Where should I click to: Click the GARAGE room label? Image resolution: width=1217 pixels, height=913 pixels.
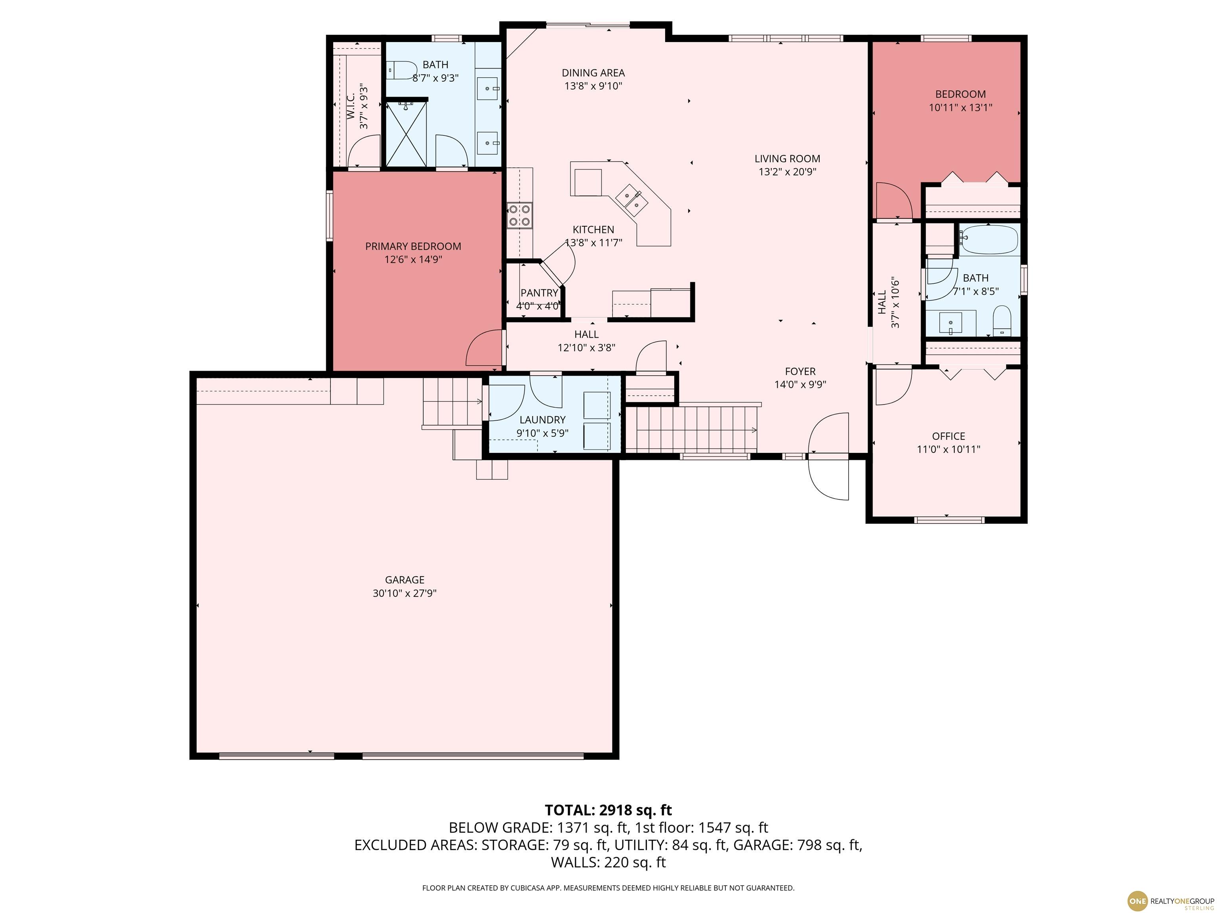pyautogui.click(x=404, y=579)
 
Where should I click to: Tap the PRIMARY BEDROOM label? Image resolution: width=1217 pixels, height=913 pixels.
pyautogui.click(x=413, y=246)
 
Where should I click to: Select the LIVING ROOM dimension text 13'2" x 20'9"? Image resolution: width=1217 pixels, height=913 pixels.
pyautogui.click(x=787, y=172)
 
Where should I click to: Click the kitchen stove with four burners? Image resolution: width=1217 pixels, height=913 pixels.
pyautogui.click(x=520, y=215)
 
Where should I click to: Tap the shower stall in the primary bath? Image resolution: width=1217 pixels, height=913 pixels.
pyautogui.click(x=406, y=133)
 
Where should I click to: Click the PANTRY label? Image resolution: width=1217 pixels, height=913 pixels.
pyautogui.click(x=539, y=293)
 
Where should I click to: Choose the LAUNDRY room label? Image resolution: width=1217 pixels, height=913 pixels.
pyautogui.click(x=542, y=419)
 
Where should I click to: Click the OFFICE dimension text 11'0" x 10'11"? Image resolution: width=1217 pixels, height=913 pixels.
pyautogui.click(x=948, y=449)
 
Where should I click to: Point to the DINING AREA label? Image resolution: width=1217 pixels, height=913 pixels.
pyautogui.click(x=593, y=73)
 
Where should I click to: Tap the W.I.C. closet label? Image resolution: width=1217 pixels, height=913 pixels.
pyautogui.click(x=351, y=107)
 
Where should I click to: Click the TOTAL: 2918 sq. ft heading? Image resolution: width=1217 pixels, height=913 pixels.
pyautogui.click(x=608, y=810)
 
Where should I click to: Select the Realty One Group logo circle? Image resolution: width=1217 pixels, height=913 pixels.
pyautogui.click(x=1137, y=901)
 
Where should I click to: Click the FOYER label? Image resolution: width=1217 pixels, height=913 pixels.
pyautogui.click(x=800, y=371)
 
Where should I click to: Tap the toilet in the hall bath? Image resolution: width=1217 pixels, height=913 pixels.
pyautogui.click(x=1002, y=322)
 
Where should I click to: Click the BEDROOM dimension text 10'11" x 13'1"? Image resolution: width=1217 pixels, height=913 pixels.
pyautogui.click(x=961, y=107)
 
